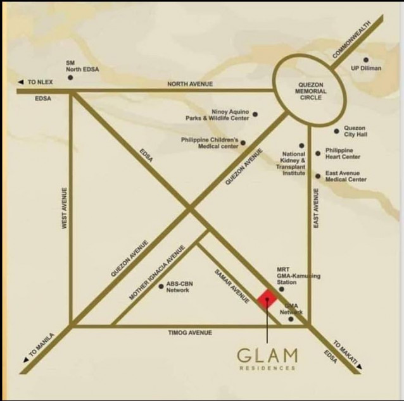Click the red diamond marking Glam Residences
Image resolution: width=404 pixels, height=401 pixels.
click(267, 299)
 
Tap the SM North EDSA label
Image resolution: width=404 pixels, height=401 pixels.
click(83, 66)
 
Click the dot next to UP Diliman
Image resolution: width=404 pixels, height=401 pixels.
click(366, 59)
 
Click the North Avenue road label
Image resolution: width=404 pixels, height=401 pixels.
click(190, 84)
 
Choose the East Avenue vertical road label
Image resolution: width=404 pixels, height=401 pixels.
click(316, 208)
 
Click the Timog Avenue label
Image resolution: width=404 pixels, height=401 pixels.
click(190, 333)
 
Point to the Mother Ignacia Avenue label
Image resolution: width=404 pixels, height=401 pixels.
click(156, 272)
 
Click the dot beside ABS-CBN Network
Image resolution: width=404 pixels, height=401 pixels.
click(161, 287)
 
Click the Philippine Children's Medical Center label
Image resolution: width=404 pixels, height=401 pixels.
click(210, 142)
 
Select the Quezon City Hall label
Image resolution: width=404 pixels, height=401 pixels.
click(355, 132)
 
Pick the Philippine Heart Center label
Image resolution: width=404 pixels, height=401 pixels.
click(343, 153)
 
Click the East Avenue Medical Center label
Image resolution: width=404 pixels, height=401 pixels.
click(346, 176)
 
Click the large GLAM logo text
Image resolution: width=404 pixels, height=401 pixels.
click(267, 354)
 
